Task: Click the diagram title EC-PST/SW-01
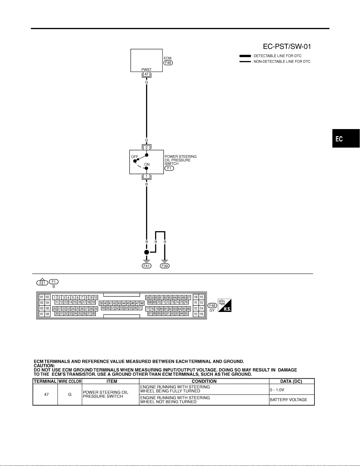point(287,46)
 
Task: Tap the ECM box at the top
point(147,60)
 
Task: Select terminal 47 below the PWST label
point(146,74)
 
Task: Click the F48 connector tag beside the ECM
point(168,63)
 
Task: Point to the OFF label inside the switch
point(135,157)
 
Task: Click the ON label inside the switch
point(147,164)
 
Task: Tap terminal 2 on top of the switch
point(147,148)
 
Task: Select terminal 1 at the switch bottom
point(147,176)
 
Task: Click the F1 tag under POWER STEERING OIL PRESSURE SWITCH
point(169,168)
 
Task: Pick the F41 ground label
point(147,266)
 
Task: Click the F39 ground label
point(165,266)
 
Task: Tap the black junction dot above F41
point(147,252)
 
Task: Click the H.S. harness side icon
point(225,305)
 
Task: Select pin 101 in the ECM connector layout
point(41,297)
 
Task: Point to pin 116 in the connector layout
point(201,314)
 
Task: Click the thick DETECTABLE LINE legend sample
point(245,56)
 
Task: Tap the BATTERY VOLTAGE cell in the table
point(288,400)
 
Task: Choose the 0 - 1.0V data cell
point(277,390)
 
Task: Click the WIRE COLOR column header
point(70,381)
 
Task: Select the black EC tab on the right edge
point(346,138)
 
